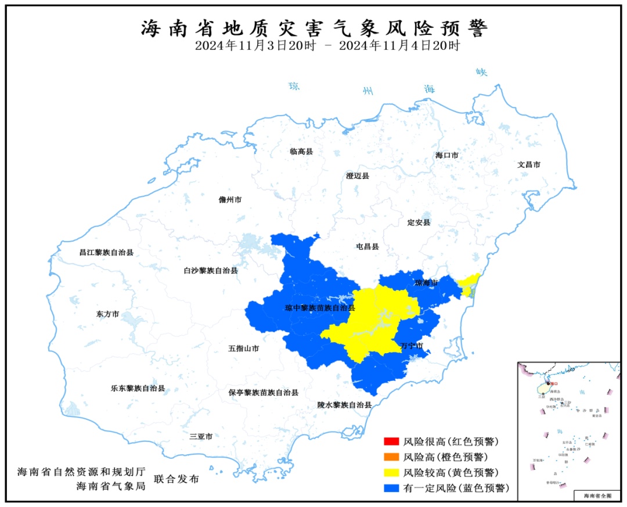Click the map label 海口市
(x=447, y=156)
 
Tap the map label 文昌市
(x=529, y=165)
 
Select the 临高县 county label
(x=301, y=152)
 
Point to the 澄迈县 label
(x=358, y=176)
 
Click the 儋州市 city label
(x=230, y=200)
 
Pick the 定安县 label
(x=419, y=223)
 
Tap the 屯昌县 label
(x=367, y=247)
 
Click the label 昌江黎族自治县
(x=106, y=253)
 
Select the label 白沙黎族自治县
(x=210, y=271)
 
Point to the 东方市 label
(x=107, y=314)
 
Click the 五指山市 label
(x=243, y=349)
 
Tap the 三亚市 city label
(x=201, y=436)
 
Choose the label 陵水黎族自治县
(x=344, y=405)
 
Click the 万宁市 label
(x=412, y=346)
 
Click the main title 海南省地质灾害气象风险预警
(x=314, y=28)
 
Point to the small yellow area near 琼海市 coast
(x=469, y=283)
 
